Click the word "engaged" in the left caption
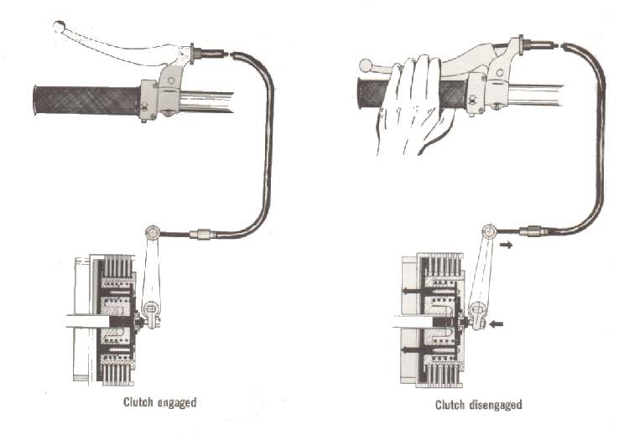click(x=177, y=403)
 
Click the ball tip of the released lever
click(x=60, y=27)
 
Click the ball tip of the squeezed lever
click(x=366, y=65)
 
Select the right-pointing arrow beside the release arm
click(x=507, y=245)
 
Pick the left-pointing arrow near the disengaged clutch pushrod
click(x=496, y=324)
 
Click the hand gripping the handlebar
click(x=413, y=105)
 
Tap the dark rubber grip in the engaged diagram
click(x=87, y=101)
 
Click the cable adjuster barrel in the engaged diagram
click(x=200, y=234)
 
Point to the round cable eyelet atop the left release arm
click(x=153, y=232)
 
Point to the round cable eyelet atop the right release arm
click(x=490, y=231)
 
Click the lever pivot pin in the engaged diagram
click(x=171, y=80)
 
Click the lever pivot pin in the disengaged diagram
click(x=500, y=73)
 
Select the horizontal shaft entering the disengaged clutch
click(x=413, y=322)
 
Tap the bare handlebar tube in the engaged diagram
click(x=206, y=101)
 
